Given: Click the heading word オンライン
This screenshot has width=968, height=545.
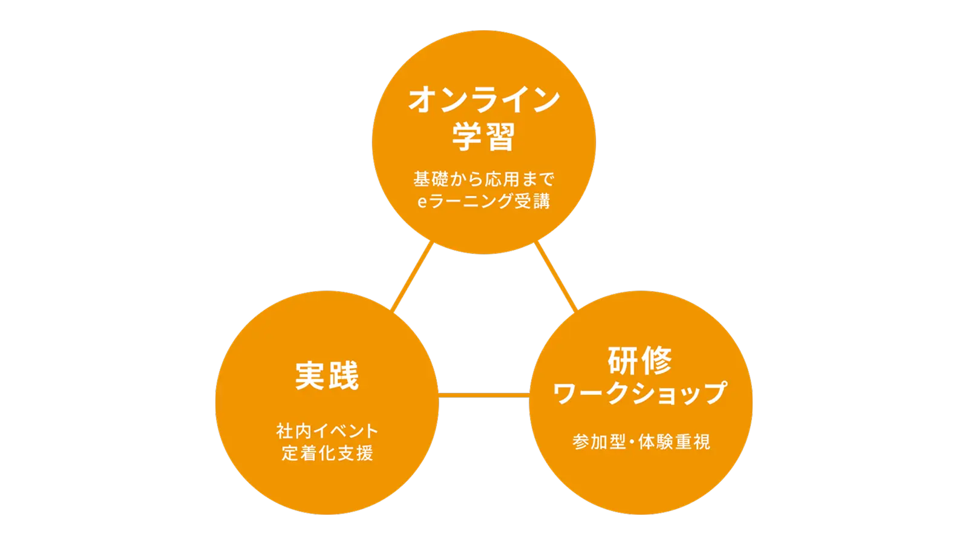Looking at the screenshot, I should tap(484, 100).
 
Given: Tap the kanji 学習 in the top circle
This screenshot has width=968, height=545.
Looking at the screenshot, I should tap(484, 137).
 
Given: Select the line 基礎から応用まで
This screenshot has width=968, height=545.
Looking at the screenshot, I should tap(484, 179).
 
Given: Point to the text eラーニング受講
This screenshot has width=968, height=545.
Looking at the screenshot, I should tap(484, 201).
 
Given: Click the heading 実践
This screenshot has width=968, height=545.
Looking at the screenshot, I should tap(327, 376).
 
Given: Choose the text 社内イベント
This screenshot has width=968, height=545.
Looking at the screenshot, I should tap(327, 431).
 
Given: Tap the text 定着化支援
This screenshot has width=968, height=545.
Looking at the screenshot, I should tap(327, 453).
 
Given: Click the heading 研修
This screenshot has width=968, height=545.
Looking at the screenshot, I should tap(640, 361).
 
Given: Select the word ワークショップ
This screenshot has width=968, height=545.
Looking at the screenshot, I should tap(640, 394).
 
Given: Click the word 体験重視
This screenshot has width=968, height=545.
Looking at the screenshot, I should tap(674, 442).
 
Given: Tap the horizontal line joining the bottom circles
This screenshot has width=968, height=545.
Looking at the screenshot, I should tap(484, 396).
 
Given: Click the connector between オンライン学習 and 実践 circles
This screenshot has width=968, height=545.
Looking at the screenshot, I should tap(413, 278).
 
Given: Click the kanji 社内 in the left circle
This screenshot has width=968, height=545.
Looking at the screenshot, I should tap(293, 431).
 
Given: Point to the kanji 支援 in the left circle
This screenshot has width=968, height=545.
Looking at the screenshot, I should tap(356, 453).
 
